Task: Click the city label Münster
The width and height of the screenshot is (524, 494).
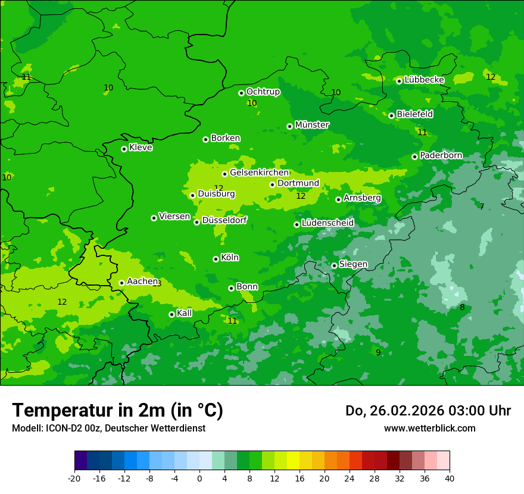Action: click(312, 125)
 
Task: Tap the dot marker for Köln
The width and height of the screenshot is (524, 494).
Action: click(216, 259)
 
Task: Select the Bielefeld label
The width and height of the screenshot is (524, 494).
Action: click(414, 114)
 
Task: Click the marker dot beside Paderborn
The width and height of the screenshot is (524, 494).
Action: click(414, 157)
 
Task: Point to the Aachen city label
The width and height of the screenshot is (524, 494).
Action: click(142, 281)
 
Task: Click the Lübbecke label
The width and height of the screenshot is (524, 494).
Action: click(424, 80)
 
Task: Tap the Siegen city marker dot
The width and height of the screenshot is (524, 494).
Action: click(334, 265)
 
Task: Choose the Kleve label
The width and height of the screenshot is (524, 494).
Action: click(141, 148)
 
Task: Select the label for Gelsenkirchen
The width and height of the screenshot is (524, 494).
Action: click(259, 173)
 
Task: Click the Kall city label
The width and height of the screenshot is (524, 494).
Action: click(185, 312)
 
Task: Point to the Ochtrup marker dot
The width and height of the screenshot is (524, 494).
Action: click(241, 93)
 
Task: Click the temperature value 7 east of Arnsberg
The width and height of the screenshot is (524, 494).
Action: click(482, 207)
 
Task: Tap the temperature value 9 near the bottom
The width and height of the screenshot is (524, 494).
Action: click(378, 352)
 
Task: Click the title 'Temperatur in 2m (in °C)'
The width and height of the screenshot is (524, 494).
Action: click(117, 410)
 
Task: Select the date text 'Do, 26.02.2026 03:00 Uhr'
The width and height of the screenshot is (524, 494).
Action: click(428, 411)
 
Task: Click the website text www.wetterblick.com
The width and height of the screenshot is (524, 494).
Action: click(429, 428)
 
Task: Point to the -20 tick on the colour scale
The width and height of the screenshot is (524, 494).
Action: click(74, 478)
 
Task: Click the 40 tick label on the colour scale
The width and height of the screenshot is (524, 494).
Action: click(449, 478)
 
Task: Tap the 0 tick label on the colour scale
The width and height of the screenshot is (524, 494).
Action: click(199, 478)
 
